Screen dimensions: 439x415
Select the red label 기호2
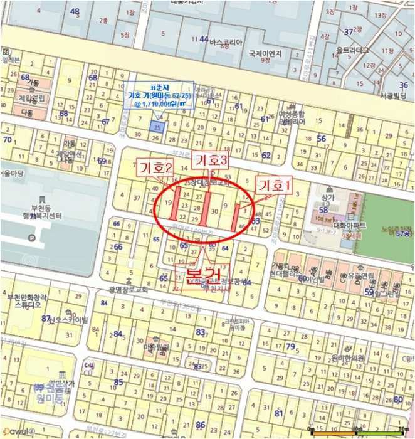click(x=155, y=169)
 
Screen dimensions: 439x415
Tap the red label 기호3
click(x=211, y=161)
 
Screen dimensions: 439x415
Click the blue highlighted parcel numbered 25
click(x=157, y=127)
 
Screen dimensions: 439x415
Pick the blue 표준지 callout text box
click(x=159, y=95)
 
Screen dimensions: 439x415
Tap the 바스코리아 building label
click(x=226, y=41)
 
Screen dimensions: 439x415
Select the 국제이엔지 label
click(x=266, y=54)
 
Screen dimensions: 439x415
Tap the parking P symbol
click(x=33, y=238)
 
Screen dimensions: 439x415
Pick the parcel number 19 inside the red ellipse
click(x=167, y=203)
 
